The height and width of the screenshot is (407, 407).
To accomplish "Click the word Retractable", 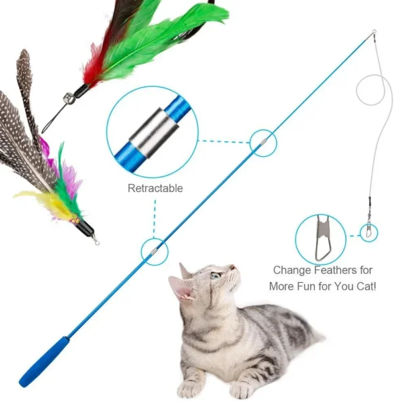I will coord(155,188).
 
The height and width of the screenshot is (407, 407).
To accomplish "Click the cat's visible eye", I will coord(215,275).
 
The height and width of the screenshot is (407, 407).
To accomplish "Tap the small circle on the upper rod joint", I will coord(263,141).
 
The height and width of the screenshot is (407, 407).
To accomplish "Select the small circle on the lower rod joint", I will coord(154,251).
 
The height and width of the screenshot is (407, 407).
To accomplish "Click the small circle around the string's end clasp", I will coord(368,233).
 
